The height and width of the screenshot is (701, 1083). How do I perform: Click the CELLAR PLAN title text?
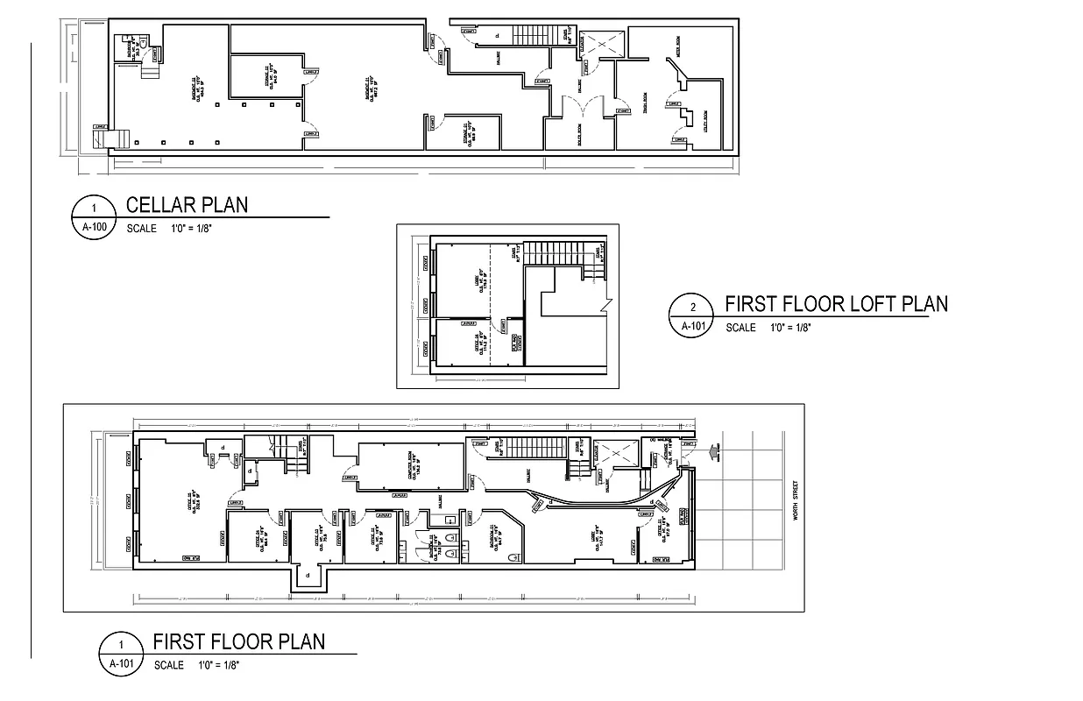[187, 205]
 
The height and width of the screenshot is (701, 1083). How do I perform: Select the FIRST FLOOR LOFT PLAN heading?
[836, 304]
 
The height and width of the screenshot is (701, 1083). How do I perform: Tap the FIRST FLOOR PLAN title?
[238, 641]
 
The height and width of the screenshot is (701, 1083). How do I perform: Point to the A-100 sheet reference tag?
[94, 225]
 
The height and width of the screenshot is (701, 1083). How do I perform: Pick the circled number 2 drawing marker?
[693, 308]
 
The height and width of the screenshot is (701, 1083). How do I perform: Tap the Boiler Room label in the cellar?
[580, 133]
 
